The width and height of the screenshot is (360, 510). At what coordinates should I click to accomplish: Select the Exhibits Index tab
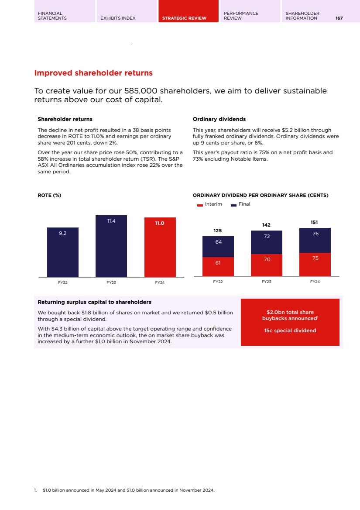(x=118, y=18)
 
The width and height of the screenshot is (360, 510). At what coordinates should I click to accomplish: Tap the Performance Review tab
(x=241, y=16)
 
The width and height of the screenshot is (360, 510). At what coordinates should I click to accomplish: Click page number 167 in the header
(x=339, y=18)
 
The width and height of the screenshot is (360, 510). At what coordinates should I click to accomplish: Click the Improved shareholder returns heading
(x=93, y=73)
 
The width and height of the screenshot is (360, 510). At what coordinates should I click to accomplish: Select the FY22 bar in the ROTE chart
(x=63, y=252)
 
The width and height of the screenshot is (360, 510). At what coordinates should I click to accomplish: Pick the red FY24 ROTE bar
(x=160, y=247)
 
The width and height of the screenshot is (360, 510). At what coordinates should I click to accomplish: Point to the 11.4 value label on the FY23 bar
(x=111, y=221)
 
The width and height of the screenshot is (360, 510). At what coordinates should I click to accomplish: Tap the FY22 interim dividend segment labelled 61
(x=218, y=263)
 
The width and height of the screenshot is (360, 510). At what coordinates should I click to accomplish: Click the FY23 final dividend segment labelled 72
(x=267, y=237)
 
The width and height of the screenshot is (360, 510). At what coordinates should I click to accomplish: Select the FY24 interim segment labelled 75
(x=315, y=258)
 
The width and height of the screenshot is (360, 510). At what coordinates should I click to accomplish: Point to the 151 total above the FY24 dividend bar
(x=315, y=222)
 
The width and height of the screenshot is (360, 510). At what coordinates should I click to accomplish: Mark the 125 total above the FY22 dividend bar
(x=218, y=230)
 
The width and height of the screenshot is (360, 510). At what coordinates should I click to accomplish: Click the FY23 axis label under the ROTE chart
(x=111, y=283)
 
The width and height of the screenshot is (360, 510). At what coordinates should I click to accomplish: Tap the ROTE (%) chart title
(x=49, y=195)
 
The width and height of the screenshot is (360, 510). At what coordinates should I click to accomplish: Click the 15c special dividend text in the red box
(x=290, y=331)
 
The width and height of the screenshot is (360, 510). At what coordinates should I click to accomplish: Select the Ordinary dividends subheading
(x=219, y=119)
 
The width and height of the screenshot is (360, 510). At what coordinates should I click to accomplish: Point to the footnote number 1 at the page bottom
(x=35, y=490)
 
